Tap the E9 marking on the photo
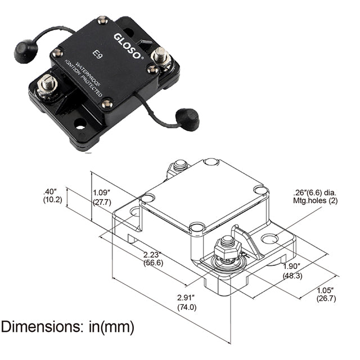tap(97, 55)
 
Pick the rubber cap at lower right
tap(187, 118)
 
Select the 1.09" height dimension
tap(101, 192)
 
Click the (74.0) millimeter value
tap(187, 307)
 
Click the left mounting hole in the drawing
tap(134, 212)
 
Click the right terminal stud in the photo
tap(161, 56)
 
